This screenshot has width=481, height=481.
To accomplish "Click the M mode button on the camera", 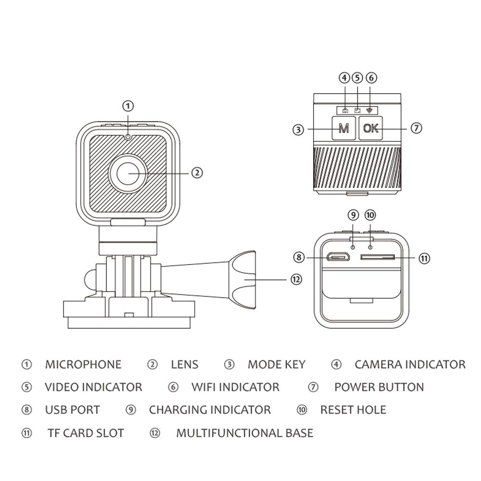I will tap(343, 128).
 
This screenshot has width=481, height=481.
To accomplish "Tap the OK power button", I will tap(371, 128).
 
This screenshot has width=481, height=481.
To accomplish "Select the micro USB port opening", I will tap(338, 257).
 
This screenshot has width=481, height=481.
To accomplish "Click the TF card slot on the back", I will tap(378, 257).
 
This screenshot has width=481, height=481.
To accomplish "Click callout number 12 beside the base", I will tap(297, 279).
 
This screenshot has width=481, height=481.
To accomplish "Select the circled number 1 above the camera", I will tap(128, 106).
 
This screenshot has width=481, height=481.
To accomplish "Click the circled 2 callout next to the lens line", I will tap(197, 173).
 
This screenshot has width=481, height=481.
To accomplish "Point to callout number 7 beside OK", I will tap(417, 128).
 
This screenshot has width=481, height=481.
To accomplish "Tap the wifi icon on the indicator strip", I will tap(369, 110).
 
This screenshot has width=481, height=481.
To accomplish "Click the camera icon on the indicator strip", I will tap(345, 111).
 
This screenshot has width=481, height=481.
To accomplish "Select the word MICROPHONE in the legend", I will tap(83, 365).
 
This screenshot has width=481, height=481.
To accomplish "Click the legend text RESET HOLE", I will tap(353, 410).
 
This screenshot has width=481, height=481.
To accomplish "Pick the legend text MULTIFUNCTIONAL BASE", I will tap(244, 433).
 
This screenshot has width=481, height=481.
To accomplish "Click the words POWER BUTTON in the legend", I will tap(379, 387).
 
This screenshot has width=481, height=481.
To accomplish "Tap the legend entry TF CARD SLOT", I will tap(86, 433).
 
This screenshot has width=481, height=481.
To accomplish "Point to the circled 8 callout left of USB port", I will tap(298, 258).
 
